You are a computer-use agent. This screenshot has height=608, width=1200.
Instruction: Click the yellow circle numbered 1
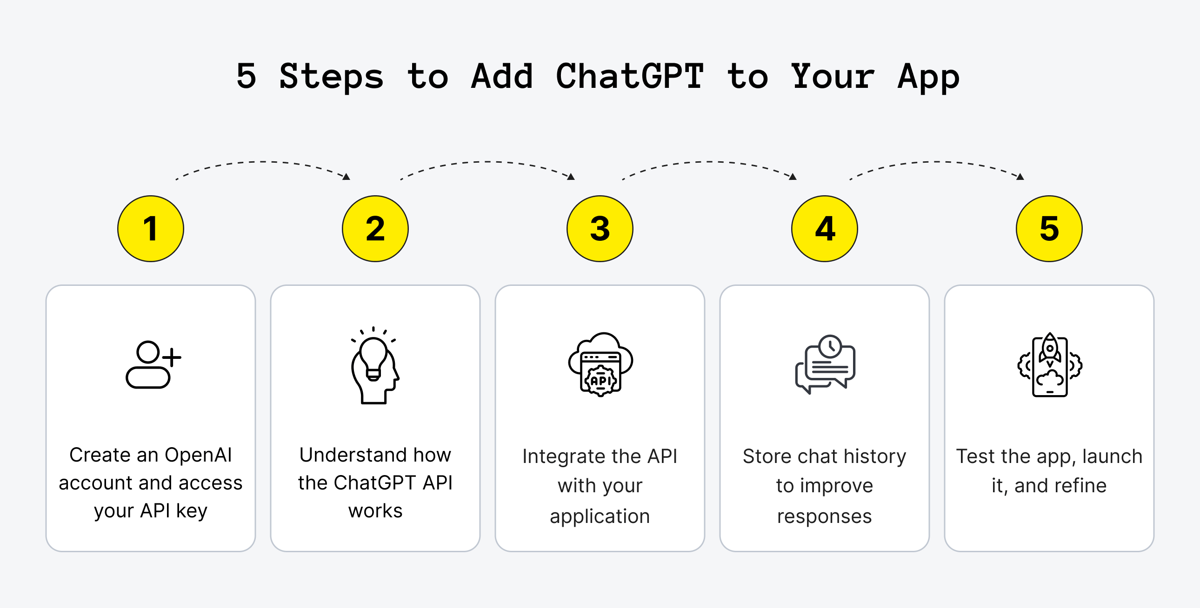[x=151, y=229]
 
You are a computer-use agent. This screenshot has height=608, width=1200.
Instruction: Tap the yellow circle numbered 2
[x=375, y=229]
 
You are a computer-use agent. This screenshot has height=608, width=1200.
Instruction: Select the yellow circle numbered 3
[x=600, y=229]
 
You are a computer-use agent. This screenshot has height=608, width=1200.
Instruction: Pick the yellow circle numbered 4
[x=825, y=229]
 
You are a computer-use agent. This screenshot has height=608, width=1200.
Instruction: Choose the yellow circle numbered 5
[x=1049, y=229]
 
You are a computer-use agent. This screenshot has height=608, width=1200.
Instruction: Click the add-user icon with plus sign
[x=153, y=364]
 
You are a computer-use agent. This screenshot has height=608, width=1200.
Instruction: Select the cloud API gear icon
[x=600, y=364]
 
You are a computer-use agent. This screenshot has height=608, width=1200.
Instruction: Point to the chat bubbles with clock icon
[x=825, y=364]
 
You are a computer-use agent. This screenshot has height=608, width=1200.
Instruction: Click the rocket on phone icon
[x=1049, y=365]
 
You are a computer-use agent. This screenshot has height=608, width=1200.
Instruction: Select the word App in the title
[x=928, y=77]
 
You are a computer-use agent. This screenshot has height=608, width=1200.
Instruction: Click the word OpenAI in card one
[x=198, y=455]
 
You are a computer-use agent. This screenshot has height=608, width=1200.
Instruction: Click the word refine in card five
[x=1080, y=486]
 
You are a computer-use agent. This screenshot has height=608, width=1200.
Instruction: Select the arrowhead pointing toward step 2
[x=347, y=177]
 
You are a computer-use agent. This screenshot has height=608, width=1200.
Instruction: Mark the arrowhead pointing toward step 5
[x=1020, y=177]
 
